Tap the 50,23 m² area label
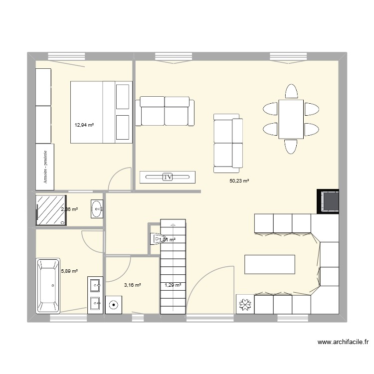[x=239, y=182]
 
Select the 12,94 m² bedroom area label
[x=84, y=125]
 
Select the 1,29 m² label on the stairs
[x=173, y=285]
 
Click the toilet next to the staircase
[x=156, y=239]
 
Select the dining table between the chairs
[x=291, y=119]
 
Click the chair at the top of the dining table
[x=291, y=91]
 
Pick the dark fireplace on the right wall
[x=329, y=201]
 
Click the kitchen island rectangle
[x=269, y=264]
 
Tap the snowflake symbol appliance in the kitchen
[x=245, y=304]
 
